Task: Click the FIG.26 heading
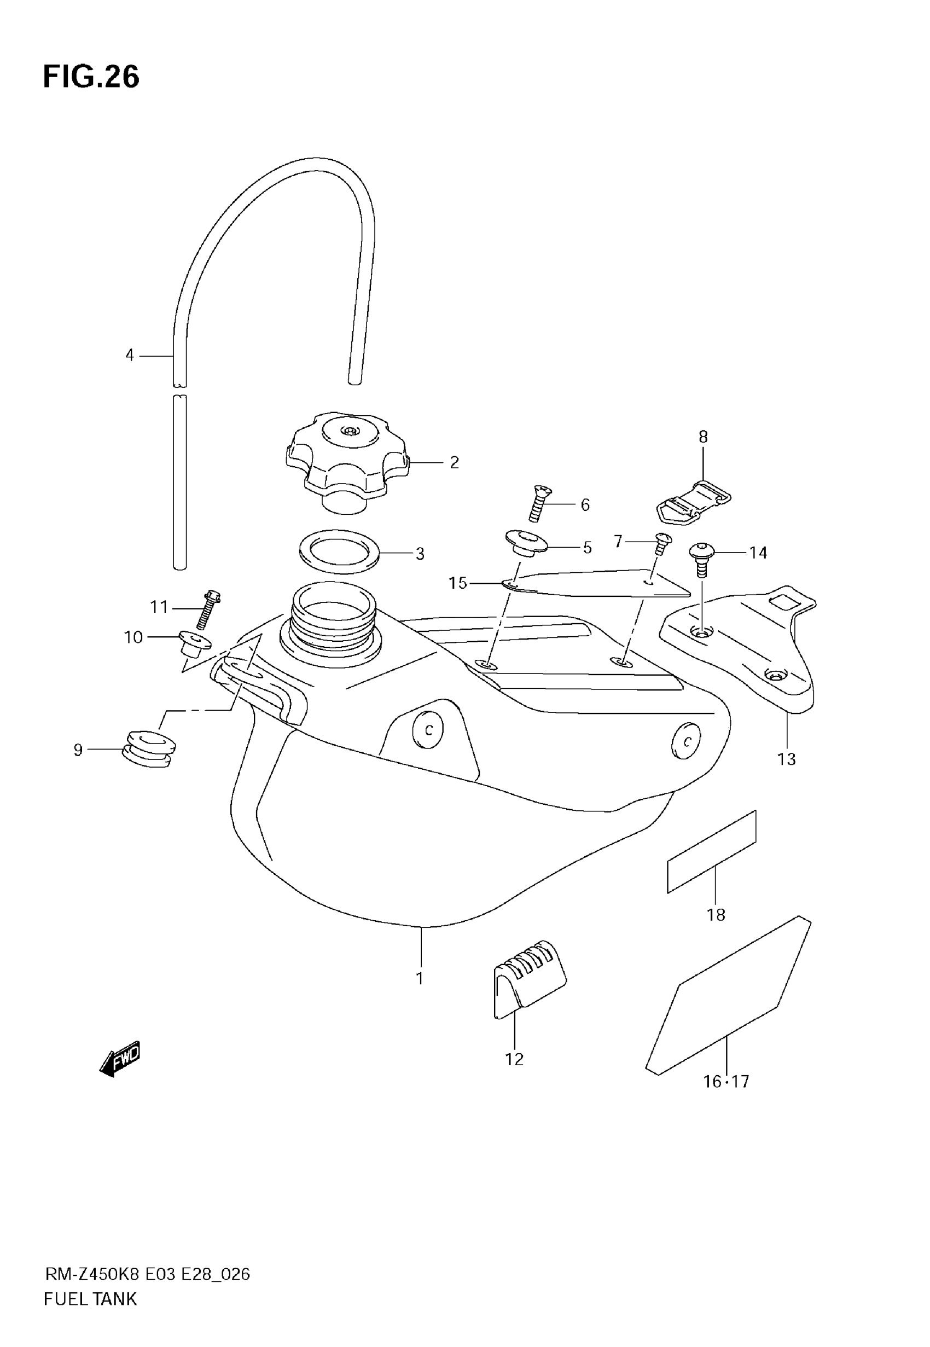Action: coord(91,77)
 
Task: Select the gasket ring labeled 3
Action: coord(339,551)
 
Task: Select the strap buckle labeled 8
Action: coord(695,501)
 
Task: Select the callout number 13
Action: coord(786,759)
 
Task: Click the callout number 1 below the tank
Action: coord(420,978)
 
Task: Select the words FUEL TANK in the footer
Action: coord(90,1299)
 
